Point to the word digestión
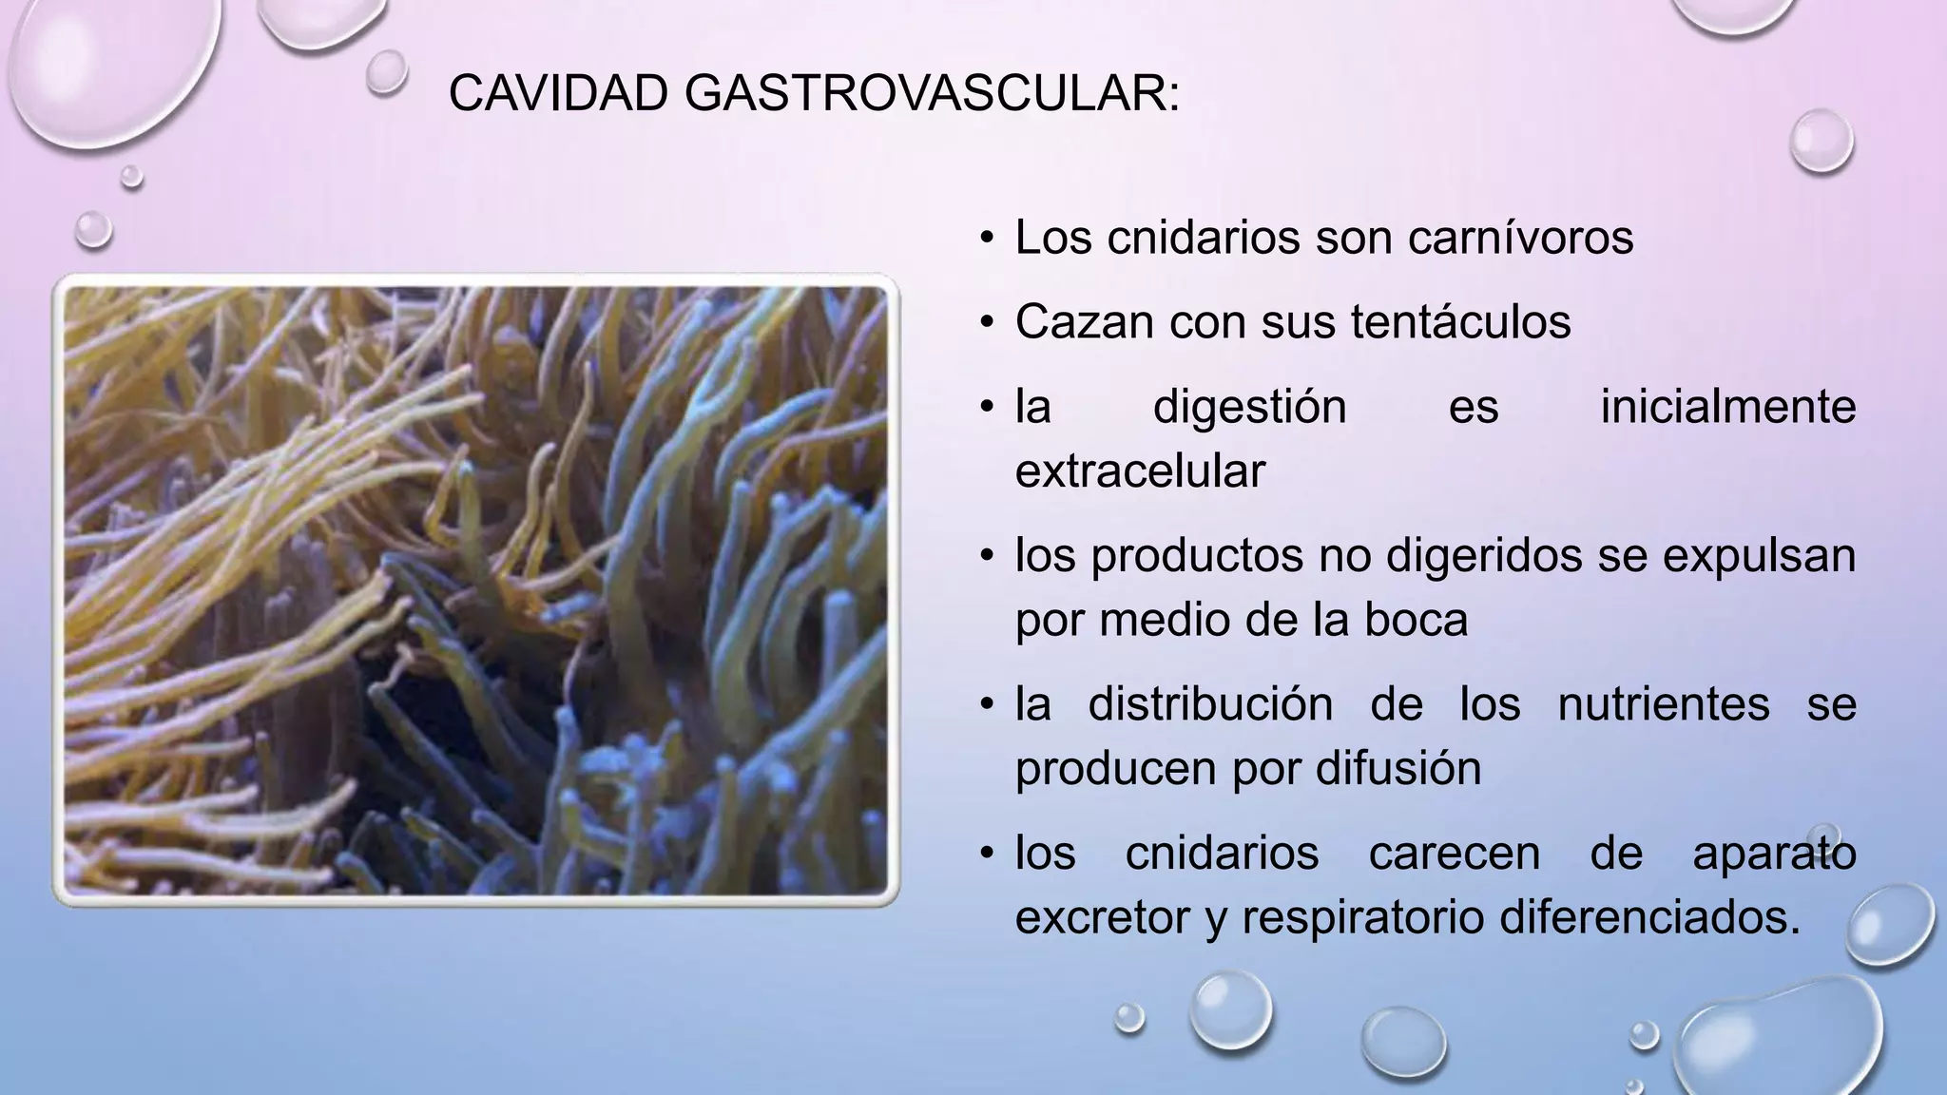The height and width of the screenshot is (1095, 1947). click(x=1249, y=408)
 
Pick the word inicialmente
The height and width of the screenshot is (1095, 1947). click(x=1727, y=407)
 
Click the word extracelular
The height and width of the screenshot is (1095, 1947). click(x=1140, y=471)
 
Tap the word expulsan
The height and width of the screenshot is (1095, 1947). click(x=1759, y=556)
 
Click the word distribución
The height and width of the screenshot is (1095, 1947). click(x=1209, y=705)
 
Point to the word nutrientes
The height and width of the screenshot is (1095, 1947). click(x=1664, y=705)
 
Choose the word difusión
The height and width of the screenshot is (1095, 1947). click(x=1398, y=768)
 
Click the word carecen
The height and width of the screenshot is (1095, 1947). click(x=1454, y=853)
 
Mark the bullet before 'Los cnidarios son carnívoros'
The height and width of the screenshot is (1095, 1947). click(x=988, y=238)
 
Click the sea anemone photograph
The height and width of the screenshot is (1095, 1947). click(x=475, y=589)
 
